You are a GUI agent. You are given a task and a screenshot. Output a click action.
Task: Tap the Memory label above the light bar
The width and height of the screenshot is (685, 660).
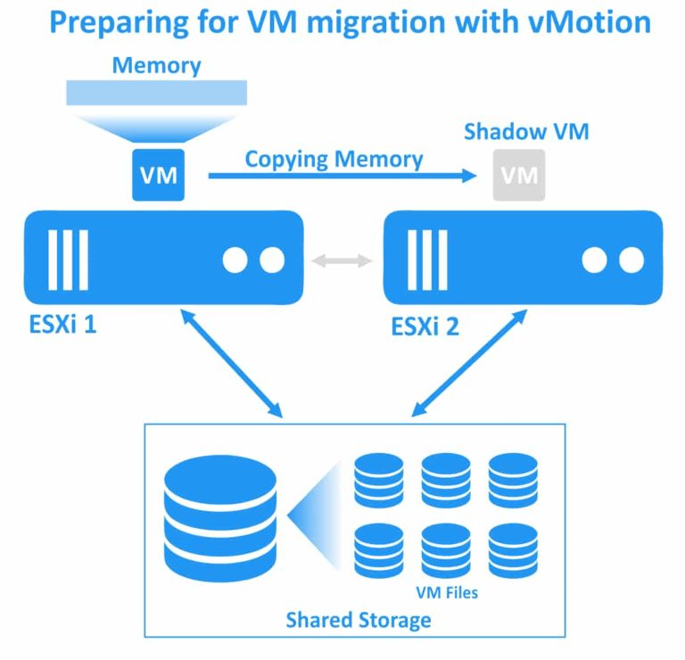click(x=156, y=65)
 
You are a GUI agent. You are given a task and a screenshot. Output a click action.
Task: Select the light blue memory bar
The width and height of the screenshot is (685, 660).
click(x=156, y=92)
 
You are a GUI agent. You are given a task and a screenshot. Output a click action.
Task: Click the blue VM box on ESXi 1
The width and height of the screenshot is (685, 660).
click(x=158, y=174)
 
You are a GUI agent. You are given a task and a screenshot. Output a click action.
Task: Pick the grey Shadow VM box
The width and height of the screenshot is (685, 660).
click(x=519, y=174)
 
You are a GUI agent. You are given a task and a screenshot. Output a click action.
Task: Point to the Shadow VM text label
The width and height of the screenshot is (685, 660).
click(x=526, y=133)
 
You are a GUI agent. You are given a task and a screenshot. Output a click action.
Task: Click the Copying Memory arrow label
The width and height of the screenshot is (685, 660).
click(x=334, y=160)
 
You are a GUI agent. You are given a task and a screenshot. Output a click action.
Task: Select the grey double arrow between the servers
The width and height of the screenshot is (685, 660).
click(x=343, y=260)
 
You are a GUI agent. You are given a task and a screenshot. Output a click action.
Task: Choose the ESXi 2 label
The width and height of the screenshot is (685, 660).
click(x=425, y=326)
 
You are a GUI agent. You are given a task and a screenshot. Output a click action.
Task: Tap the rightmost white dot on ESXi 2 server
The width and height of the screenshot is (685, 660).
click(x=631, y=260)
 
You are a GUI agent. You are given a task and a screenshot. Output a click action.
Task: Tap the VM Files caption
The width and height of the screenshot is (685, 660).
click(x=447, y=591)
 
